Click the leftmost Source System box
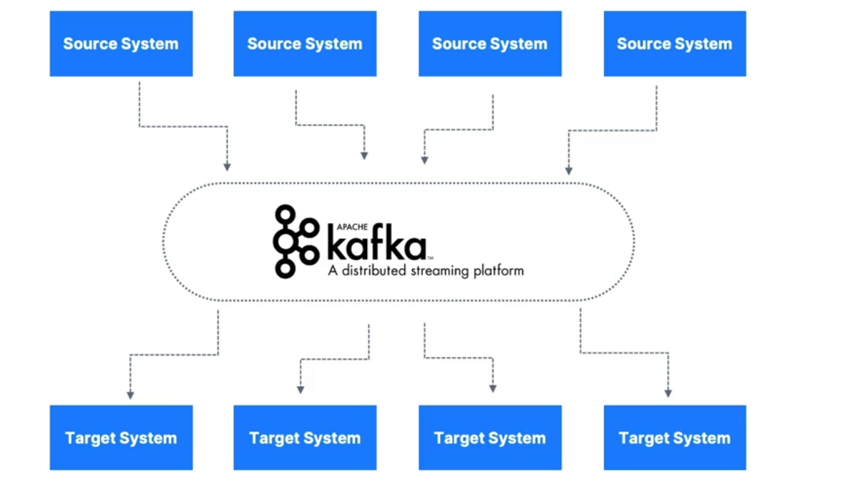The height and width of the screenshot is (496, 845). [121, 44]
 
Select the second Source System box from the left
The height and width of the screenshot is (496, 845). [305, 44]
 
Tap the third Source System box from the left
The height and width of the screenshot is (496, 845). [490, 44]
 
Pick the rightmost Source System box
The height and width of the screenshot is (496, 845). [675, 44]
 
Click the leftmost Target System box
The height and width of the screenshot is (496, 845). [121, 438]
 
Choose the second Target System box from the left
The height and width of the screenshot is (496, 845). [305, 438]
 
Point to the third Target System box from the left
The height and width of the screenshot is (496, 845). [490, 438]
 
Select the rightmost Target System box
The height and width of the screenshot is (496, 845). [675, 438]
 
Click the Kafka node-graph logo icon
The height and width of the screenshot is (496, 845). [294, 242]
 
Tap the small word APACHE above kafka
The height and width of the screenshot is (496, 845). [342, 227]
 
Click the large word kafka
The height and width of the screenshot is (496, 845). [376, 244]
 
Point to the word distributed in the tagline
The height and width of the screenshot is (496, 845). [373, 271]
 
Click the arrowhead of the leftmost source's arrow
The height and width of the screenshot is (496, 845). [227, 167]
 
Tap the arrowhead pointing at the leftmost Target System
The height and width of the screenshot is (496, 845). [130, 394]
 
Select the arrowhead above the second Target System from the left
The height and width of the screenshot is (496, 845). [301, 390]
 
